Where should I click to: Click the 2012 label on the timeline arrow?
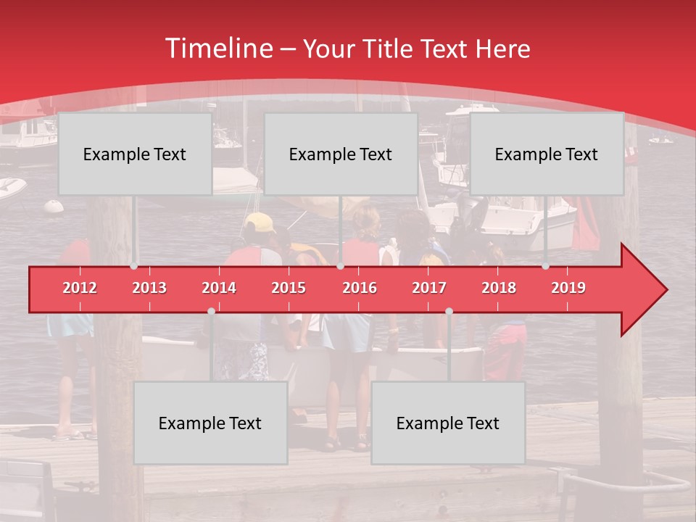(80, 288)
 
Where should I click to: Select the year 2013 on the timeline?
(149, 288)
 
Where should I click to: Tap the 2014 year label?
(219, 288)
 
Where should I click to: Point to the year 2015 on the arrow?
(289, 288)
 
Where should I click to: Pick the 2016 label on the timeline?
(360, 288)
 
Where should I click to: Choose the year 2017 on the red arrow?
(429, 288)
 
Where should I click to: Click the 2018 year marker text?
(499, 288)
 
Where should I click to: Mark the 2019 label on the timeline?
(568, 288)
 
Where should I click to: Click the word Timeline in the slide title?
(217, 49)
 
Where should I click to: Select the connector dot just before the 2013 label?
(134, 266)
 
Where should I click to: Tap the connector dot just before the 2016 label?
(340, 266)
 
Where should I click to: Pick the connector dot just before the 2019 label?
(546, 266)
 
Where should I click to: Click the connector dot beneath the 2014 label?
(211, 311)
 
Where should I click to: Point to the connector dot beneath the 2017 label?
(449, 311)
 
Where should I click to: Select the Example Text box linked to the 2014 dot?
(210, 423)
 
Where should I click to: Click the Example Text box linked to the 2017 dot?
(448, 423)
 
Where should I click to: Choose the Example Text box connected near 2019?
(547, 154)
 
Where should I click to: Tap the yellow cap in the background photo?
(259, 221)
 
